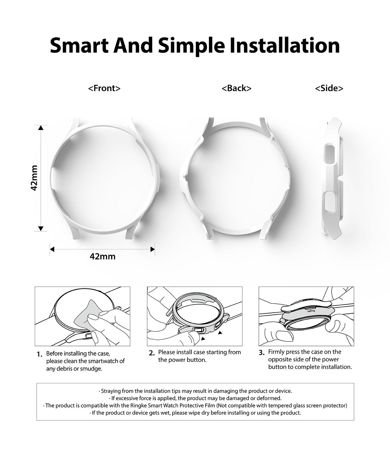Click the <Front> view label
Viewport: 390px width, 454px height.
(104, 88)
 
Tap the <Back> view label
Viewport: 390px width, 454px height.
(236, 88)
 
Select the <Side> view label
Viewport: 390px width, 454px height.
(329, 88)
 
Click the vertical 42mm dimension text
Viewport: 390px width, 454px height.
(34, 178)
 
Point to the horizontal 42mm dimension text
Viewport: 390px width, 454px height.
(102, 257)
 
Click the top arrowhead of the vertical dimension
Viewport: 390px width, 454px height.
(41, 128)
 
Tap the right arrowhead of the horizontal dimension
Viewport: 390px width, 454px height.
(152, 249)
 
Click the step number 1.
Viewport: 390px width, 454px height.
(40, 354)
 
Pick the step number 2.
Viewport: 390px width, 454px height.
(152, 353)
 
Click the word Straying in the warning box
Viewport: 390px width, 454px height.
(111, 391)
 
